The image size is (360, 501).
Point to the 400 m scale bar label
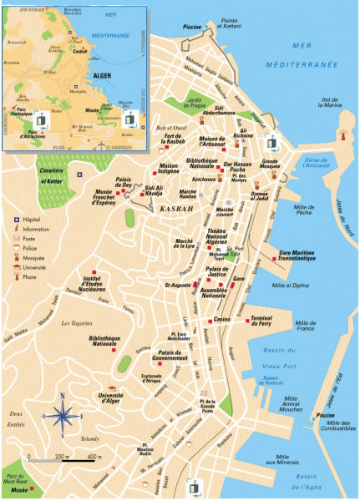94,458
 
